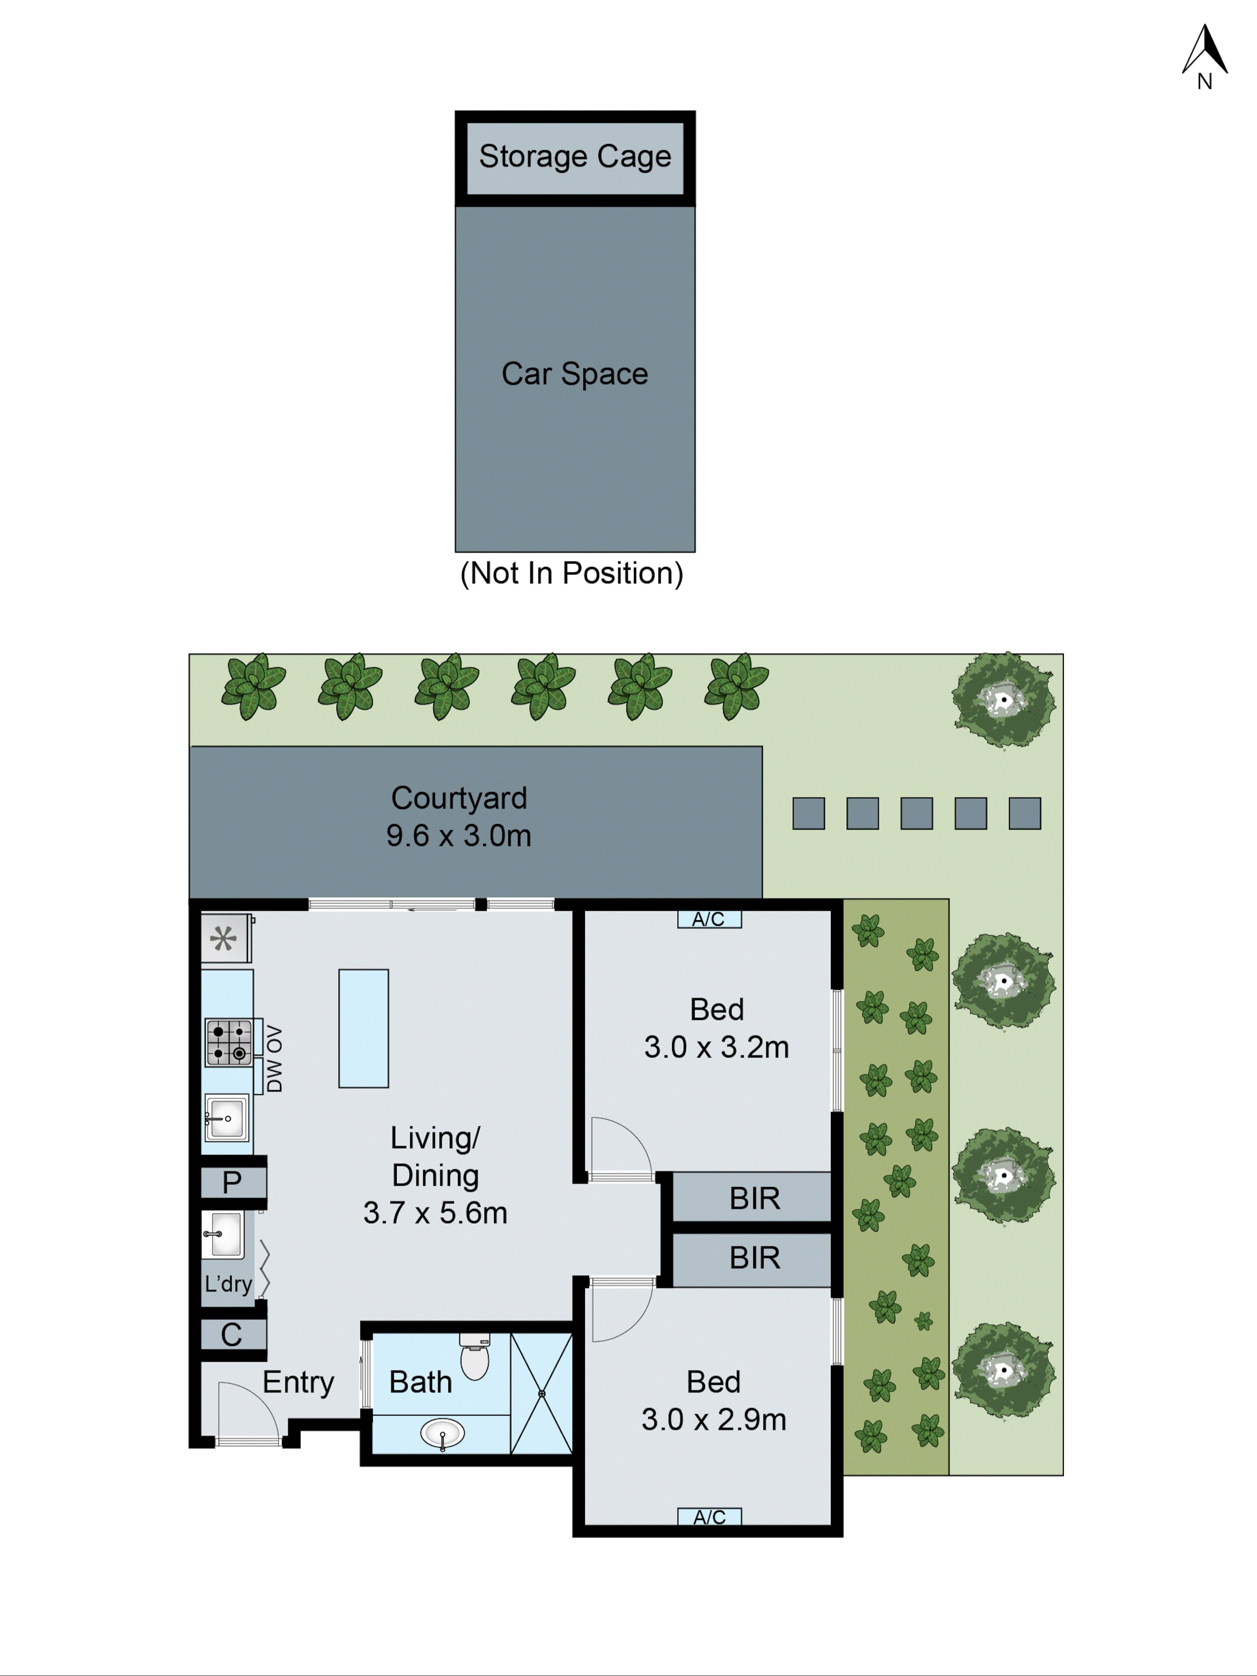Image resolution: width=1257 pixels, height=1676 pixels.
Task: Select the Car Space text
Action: (x=575, y=373)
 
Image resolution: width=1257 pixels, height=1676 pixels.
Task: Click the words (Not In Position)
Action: (x=572, y=574)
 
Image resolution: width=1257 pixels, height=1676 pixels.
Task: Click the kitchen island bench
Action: (x=364, y=1028)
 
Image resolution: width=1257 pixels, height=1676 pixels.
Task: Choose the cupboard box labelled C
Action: (x=232, y=1335)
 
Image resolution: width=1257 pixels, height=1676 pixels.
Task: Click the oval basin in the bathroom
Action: (x=442, y=1433)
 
